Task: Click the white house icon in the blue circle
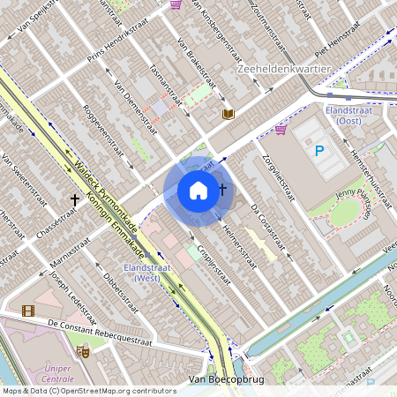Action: click(198, 191)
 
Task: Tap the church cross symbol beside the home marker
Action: click(223, 190)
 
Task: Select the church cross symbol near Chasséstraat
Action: click(75, 201)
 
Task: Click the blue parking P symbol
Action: click(319, 151)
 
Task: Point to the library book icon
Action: click(228, 115)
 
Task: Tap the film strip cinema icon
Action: click(29, 311)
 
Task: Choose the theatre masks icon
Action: click(83, 351)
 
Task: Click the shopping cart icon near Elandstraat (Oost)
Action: click(281, 130)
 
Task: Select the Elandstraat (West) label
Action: click(146, 272)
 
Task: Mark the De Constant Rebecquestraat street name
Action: click(101, 333)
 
